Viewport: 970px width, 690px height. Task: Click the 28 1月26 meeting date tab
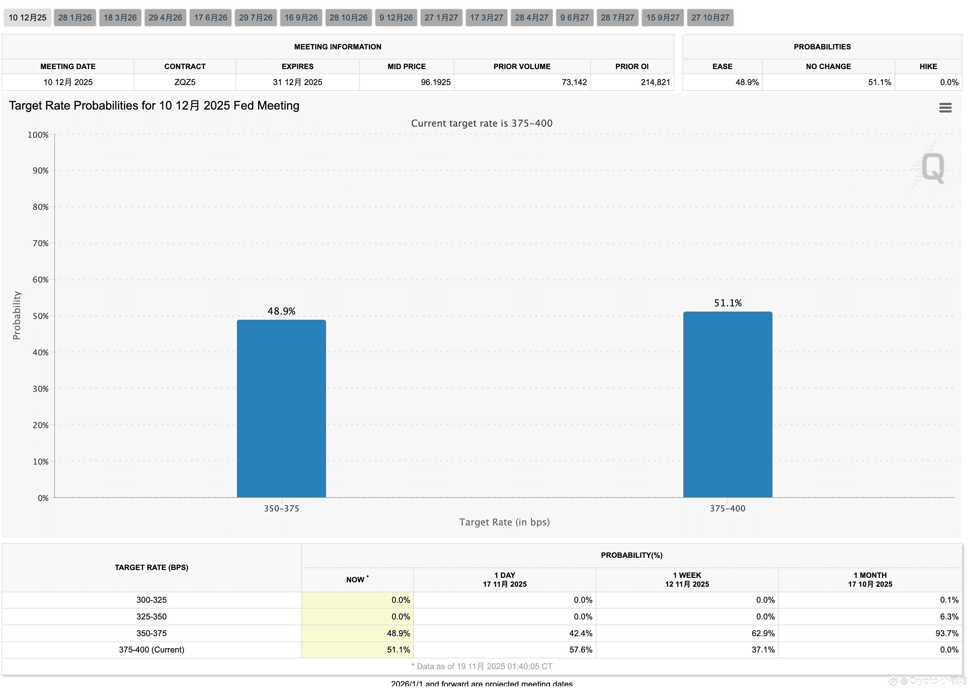(75, 18)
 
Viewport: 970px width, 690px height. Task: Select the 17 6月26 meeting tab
(210, 18)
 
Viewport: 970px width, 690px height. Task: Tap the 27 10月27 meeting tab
(710, 18)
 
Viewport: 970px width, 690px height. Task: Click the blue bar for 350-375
(281, 409)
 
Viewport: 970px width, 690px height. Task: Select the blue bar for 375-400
(727, 404)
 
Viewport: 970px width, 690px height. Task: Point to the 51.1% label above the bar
(727, 303)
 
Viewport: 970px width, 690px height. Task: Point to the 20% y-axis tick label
(41, 425)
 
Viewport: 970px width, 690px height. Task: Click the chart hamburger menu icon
(945, 108)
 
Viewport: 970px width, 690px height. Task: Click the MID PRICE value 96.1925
(436, 82)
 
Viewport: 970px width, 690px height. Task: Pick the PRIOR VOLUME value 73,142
(574, 82)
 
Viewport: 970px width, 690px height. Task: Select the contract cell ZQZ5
(185, 82)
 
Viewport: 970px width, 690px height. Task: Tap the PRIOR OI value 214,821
(655, 82)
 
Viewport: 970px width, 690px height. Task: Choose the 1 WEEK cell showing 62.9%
(763, 633)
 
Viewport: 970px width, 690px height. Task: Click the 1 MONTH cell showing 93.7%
(947, 633)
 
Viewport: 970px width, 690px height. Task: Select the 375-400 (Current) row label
(152, 650)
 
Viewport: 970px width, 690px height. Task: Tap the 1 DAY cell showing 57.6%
(580, 650)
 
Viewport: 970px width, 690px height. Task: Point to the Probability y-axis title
(17, 315)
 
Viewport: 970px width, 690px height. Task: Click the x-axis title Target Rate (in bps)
(504, 522)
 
